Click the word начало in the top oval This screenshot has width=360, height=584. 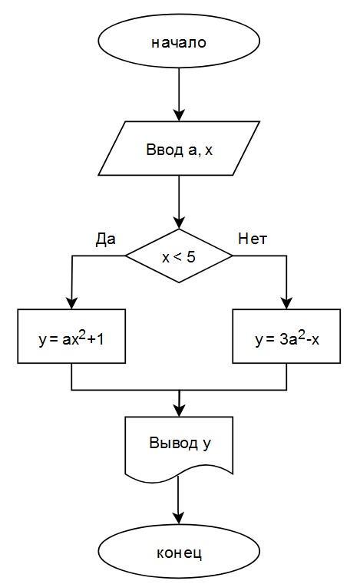pos(179,42)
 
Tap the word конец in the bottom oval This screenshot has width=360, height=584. pos(180,553)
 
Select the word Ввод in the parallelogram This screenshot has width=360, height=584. pos(164,150)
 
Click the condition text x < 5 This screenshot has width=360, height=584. pos(179,257)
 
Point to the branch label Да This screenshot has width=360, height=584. pos(105,239)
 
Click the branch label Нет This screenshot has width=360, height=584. pos(253,239)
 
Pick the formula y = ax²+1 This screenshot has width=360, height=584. pos(71,338)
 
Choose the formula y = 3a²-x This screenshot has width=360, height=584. pos(287,338)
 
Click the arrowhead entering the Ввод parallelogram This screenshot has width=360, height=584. pos(180,115)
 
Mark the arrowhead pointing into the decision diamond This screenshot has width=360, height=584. pos(180,223)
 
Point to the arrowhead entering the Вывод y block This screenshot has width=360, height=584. pos(180,411)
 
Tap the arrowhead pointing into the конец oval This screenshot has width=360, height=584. pos(179,519)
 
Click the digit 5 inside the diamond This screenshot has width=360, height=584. pos(191,256)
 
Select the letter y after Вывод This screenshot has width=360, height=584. pos(206,444)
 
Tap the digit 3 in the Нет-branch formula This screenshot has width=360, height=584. pos(284,340)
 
